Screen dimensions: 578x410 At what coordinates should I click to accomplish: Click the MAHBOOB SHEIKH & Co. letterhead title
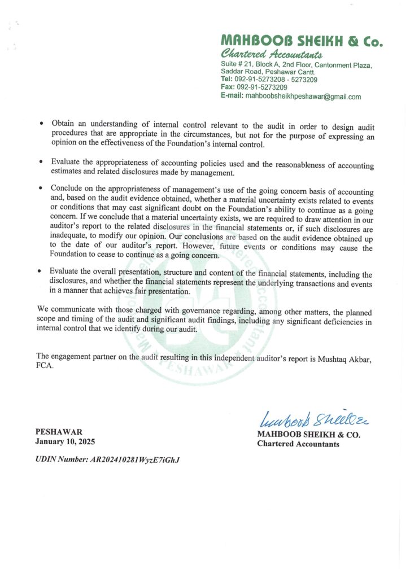click(302, 41)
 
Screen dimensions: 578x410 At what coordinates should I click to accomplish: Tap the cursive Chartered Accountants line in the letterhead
click(272, 54)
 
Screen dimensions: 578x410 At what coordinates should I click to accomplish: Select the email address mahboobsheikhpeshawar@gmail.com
click(303, 97)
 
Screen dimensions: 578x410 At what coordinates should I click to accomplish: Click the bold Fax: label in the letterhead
click(228, 87)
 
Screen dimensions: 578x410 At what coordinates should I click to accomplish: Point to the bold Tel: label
click(227, 80)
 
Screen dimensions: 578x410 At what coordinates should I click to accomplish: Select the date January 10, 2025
click(66, 441)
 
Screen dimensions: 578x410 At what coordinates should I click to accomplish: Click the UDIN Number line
click(108, 459)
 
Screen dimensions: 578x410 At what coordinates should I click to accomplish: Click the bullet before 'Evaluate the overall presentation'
click(41, 272)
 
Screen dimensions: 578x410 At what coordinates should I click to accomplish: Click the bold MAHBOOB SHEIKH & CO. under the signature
click(308, 435)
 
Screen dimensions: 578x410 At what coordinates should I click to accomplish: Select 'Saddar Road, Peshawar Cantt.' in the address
click(268, 72)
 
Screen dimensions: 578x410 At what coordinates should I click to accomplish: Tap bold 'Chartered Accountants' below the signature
click(298, 444)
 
